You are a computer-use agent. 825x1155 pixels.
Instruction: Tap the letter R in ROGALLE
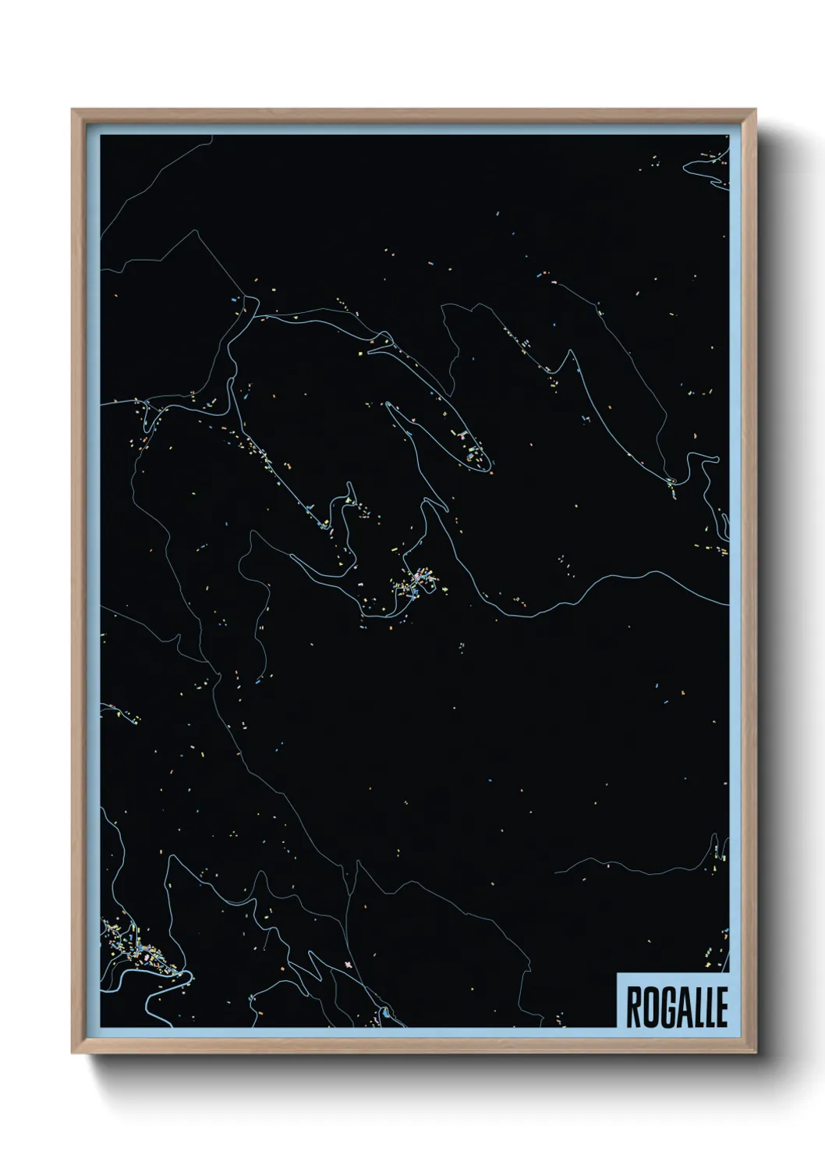[632, 1008]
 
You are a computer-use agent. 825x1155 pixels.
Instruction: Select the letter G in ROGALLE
[661, 1008]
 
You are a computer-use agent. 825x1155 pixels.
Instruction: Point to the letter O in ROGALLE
[646, 1008]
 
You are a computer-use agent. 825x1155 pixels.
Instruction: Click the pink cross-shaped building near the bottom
[348, 965]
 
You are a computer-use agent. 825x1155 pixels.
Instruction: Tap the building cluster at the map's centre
[417, 581]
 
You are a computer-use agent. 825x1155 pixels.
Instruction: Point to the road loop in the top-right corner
[706, 167]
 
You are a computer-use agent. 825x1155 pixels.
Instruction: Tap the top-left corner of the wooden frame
[73, 110]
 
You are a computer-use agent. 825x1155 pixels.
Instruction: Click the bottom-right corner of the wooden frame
[757, 1053]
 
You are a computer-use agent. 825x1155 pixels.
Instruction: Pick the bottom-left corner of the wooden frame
[73, 1053]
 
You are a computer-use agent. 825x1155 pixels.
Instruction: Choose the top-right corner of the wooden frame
[757, 110]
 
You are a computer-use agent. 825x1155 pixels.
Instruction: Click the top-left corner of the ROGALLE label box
[617, 973]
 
